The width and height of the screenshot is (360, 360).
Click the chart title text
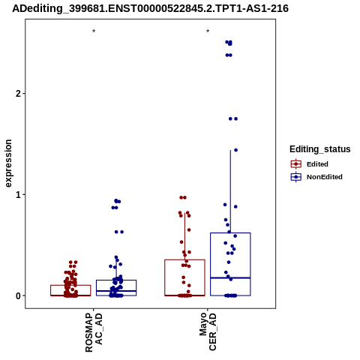click(x=150, y=8)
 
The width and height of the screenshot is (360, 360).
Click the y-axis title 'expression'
click(x=8, y=163)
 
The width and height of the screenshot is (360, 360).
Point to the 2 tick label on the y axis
click(x=17, y=94)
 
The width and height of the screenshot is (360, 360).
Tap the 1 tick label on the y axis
click(x=17, y=194)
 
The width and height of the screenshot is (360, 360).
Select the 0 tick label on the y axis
click(x=17, y=295)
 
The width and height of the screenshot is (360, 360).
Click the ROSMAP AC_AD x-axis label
click(x=94, y=332)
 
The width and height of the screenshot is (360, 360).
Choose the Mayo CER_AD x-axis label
click(x=208, y=331)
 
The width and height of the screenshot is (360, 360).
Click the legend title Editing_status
click(x=319, y=149)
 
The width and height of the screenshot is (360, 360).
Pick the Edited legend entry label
click(x=317, y=164)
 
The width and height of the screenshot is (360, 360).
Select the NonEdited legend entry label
click(x=325, y=177)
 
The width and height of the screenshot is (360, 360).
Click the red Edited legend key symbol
click(x=296, y=164)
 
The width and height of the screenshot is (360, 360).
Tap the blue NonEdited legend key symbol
click(x=296, y=177)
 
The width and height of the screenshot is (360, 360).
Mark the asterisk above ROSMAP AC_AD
click(x=94, y=31)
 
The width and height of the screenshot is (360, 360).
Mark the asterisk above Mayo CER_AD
click(x=208, y=31)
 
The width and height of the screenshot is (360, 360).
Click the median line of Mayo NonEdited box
click(x=230, y=277)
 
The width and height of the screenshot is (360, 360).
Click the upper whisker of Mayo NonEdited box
click(x=230, y=191)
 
